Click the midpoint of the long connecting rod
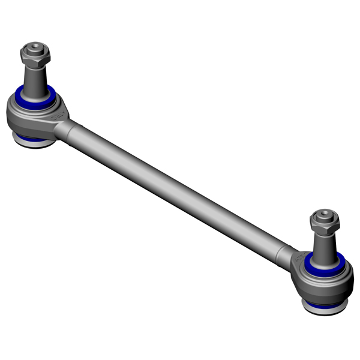click(180, 186)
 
